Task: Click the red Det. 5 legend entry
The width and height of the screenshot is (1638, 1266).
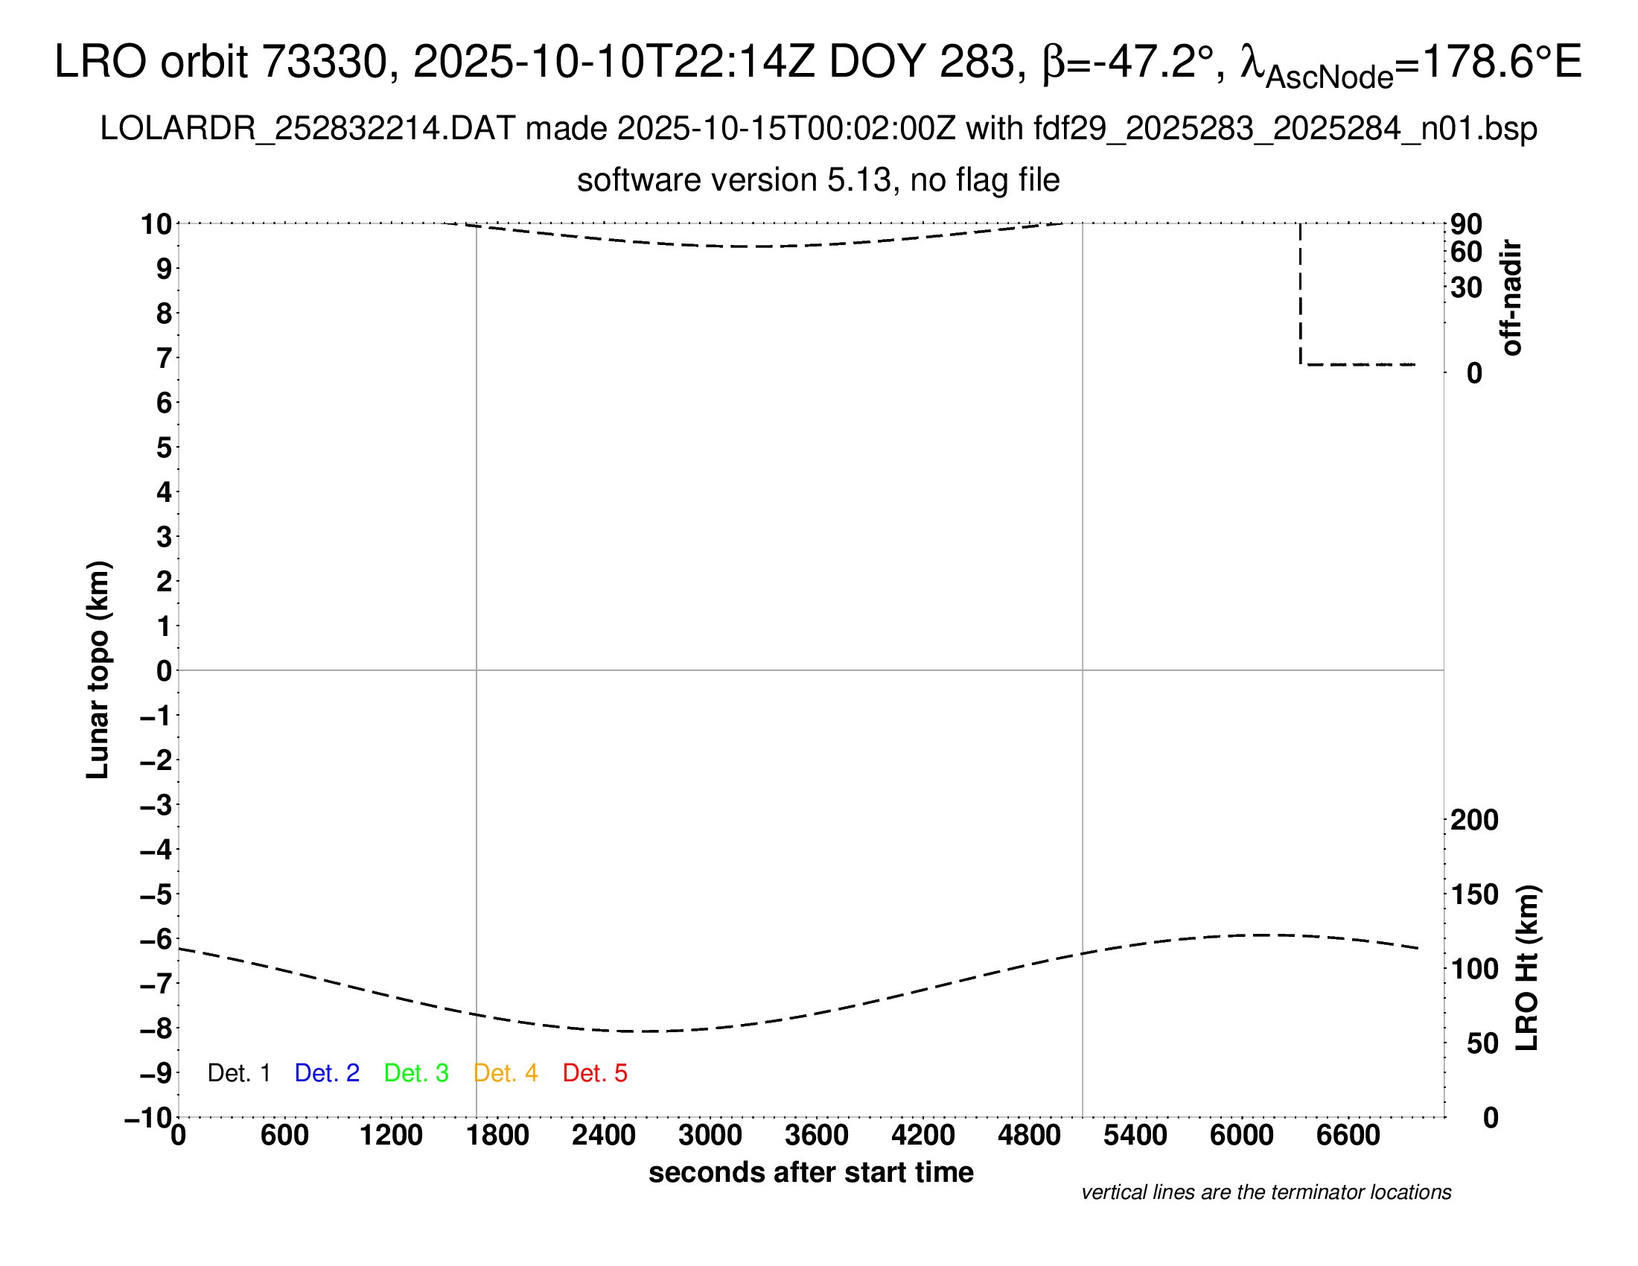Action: click(x=595, y=1073)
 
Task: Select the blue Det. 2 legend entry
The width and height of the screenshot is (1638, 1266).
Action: click(x=327, y=1073)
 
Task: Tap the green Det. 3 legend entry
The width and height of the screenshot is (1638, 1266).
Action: click(x=416, y=1073)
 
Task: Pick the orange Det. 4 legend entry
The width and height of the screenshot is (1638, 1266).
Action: click(x=506, y=1073)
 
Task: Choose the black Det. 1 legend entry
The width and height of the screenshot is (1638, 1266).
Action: click(x=238, y=1073)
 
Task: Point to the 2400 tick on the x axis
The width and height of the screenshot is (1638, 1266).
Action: click(x=604, y=1136)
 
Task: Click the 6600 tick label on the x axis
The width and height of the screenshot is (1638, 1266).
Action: click(x=1348, y=1136)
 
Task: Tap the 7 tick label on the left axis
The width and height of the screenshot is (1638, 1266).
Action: click(x=164, y=358)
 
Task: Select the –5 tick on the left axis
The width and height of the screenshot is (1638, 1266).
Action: click(x=156, y=894)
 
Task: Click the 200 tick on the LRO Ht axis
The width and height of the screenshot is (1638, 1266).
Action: click(x=1474, y=820)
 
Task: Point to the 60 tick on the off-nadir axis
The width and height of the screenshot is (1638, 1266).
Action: click(x=1466, y=252)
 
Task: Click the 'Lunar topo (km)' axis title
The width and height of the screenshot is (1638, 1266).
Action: click(x=98, y=669)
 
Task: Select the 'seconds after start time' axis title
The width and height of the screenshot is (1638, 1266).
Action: click(x=811, y=1172)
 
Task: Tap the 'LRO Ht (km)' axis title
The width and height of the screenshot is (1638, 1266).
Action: click(x=1527, y=968)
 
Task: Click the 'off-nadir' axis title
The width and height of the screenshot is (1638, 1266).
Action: click(x=1512, y=298)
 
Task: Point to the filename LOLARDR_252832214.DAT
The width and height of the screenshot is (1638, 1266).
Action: click(x=307, y=129)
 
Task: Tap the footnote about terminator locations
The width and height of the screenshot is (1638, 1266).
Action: click(x=1266, y=1192)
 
